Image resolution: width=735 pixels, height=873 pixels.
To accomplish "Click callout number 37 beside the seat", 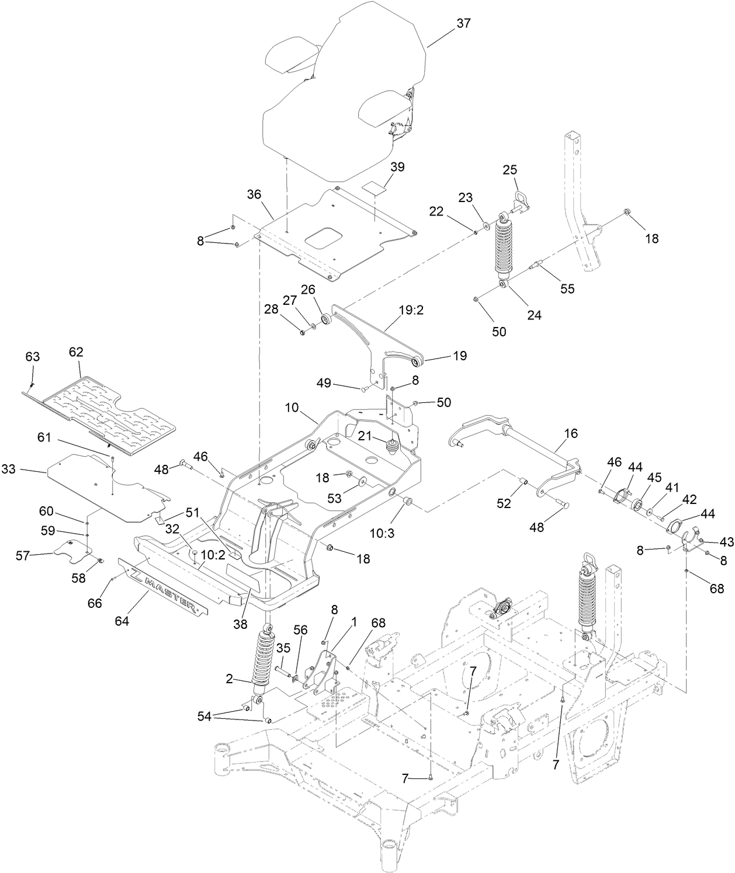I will point(463,23).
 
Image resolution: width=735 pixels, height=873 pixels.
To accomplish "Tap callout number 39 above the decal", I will point(397,167).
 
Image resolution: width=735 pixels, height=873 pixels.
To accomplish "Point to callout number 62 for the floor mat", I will point(76,352).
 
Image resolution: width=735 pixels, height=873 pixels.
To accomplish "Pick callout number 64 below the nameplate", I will point(122,621).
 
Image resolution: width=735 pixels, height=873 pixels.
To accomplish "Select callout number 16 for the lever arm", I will point(571,433).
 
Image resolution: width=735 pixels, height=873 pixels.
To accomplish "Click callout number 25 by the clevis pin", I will point(510,170).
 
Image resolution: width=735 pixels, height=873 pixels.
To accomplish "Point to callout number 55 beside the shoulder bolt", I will point(567,288).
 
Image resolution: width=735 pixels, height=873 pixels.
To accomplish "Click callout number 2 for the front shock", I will point(229,678).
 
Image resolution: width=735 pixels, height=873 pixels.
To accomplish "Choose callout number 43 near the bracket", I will point(726,542).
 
